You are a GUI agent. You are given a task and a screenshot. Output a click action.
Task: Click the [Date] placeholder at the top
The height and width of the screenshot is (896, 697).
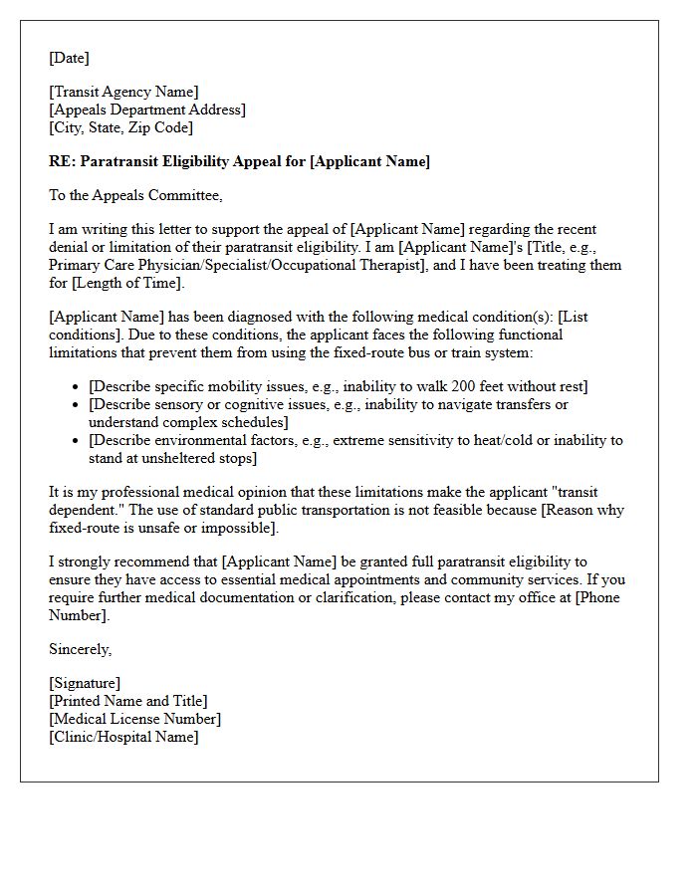69,58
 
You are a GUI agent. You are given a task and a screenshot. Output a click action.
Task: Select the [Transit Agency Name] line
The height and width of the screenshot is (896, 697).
123,93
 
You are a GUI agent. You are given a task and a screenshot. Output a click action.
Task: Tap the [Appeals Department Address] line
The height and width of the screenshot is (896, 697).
146,110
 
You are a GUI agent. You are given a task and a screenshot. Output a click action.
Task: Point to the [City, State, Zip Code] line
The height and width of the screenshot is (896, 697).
120,127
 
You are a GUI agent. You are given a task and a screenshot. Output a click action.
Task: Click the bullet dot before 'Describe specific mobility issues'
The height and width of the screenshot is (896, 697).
77,386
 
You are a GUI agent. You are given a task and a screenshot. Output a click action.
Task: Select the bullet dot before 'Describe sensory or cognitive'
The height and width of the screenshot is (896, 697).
77,404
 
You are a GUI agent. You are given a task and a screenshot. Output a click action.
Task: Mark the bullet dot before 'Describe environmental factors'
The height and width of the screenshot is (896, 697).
77,440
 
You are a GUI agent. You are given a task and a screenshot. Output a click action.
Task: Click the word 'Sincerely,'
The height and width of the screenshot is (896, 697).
80,649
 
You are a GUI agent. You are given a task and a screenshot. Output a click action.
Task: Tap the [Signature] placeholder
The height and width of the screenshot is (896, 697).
85,683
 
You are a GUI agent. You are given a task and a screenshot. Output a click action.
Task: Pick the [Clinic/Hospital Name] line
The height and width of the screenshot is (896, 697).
123,737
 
